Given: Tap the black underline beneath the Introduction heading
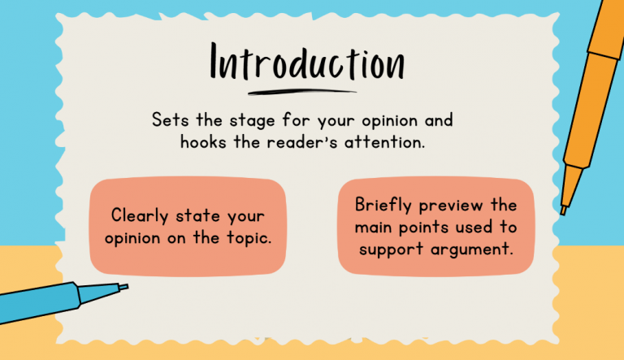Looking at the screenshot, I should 302,91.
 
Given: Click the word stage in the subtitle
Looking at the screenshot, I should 248,119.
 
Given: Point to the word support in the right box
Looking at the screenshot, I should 392,249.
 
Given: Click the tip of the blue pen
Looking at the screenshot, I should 124,287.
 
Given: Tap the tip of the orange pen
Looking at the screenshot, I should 563,210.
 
